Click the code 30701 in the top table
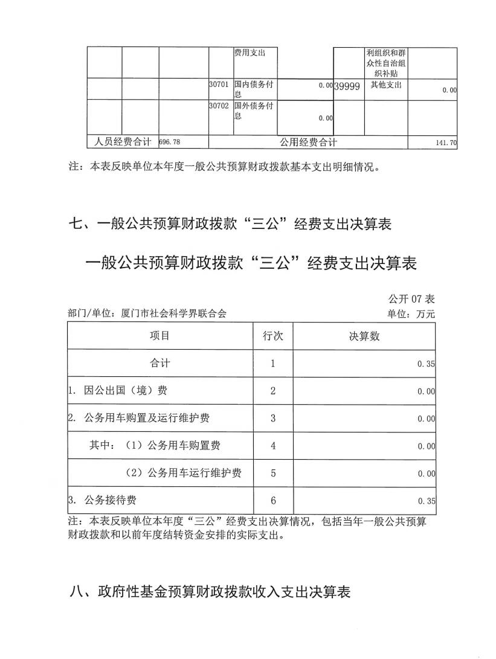pos(217,85)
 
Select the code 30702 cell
pos(217,106)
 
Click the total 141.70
pos(446,143)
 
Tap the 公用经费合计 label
pos(308,142)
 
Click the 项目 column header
pos(159,336)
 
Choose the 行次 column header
pos(273,336)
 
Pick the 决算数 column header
pos(364,336)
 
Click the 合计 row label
pos(160,364)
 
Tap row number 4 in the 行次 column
pos(273,446)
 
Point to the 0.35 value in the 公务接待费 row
pos(426,501)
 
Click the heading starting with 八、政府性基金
pos(210,592)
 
